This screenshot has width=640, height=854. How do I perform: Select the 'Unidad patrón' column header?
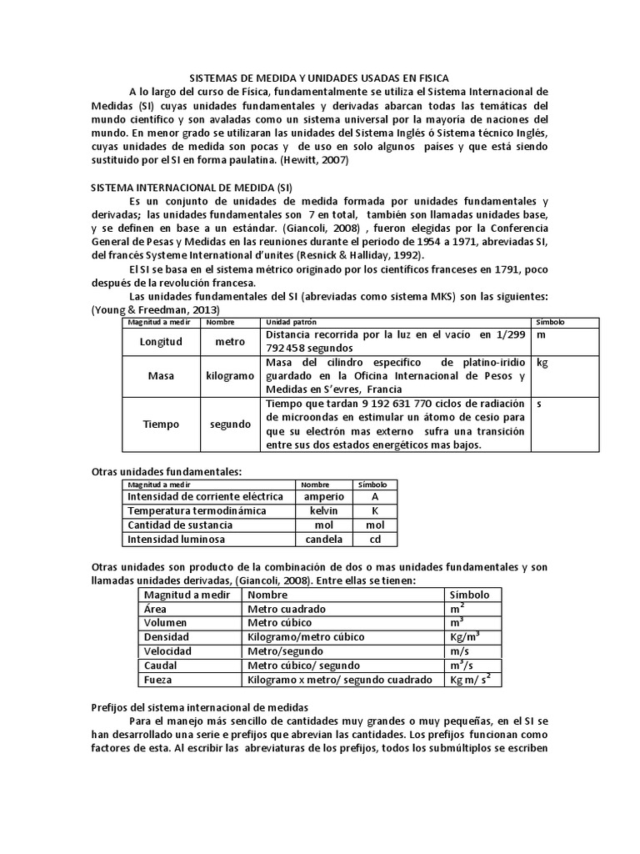tap(291, 321)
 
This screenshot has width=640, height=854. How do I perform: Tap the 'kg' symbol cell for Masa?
tap(542, 364)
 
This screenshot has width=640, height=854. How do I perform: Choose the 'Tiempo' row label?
tap(161, 424)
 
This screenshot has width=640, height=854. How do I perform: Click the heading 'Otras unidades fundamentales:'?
tap(166, 471)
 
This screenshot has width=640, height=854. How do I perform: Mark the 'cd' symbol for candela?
tap(375, 539)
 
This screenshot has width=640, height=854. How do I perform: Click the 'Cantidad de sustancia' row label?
tap(180, 525)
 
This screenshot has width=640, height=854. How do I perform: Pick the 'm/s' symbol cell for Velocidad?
tap(461, 651)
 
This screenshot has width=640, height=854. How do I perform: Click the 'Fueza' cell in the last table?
tap(160, 679)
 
